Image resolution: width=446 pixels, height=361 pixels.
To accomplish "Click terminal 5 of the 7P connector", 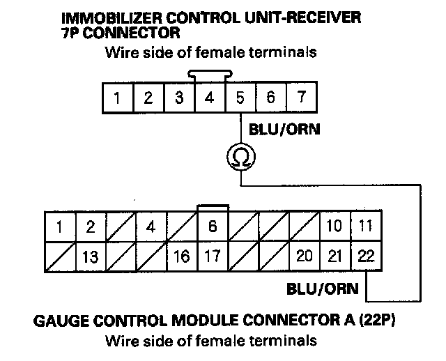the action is (x=240, y=98).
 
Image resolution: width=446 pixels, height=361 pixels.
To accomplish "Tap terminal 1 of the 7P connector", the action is (x=118, y=98).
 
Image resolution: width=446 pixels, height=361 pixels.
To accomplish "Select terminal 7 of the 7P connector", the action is (x=300, y=98).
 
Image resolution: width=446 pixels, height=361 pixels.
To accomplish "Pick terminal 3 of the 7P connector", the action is (x=179, y=98).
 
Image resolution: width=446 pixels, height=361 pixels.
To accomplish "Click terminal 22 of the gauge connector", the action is (x=366, y=256).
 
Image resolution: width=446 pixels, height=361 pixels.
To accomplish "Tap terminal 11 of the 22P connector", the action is (x=366, y=226).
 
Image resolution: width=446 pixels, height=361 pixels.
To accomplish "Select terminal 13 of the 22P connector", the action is (x=90, y=256).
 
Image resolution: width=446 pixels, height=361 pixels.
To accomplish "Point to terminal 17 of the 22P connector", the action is (x=213, y=256).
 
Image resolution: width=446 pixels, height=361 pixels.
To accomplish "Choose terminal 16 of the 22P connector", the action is (x=182, y=256).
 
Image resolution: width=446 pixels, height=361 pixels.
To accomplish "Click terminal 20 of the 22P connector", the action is (x=304, y=256).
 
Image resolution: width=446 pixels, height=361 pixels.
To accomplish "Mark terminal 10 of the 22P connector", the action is (x=335, y=226).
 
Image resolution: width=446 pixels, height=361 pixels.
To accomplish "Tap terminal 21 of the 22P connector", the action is (x=335, y=256).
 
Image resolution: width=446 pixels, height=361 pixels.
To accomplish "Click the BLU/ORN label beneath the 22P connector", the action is (x=323, y=288).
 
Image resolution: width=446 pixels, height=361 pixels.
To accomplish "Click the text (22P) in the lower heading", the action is (x=382, y=323).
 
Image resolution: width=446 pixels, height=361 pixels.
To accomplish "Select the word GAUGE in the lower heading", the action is (x=58, y=323).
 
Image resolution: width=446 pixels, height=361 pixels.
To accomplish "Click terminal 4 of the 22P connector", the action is (x=151, y=226).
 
